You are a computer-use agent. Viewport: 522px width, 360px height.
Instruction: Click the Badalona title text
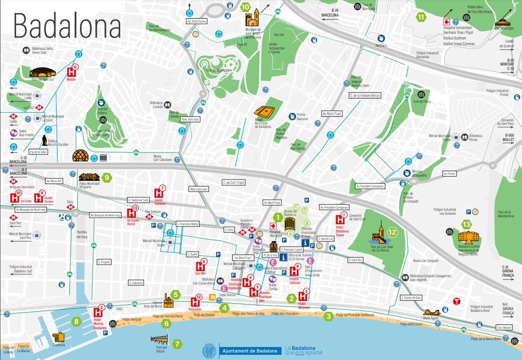pyautogui.click(x=67, y=25)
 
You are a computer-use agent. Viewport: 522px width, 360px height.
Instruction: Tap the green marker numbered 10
pyautogui.click(x=245, y=7)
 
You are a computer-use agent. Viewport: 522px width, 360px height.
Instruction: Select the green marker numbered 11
pyautogui.click(x=421, y=17)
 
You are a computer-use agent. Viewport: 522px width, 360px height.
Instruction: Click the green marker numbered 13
pyautogui.click(x=466, y=225)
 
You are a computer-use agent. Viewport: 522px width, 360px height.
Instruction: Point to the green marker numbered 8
pyautogui.click(x=77, y=322)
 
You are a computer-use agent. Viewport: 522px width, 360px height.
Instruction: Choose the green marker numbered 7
pyautogui.click(x=177, y=344)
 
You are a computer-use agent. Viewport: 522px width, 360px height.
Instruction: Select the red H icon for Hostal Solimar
pyautogui.click(x=294, y=272)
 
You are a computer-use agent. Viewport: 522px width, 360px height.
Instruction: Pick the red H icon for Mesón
pyautogui.click(x=72, y=72)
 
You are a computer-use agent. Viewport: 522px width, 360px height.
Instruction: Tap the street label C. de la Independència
pyautogui.click(x=364, y=96)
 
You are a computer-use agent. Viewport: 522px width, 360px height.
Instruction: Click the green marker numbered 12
pyautogui.click(x=393, y=233)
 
